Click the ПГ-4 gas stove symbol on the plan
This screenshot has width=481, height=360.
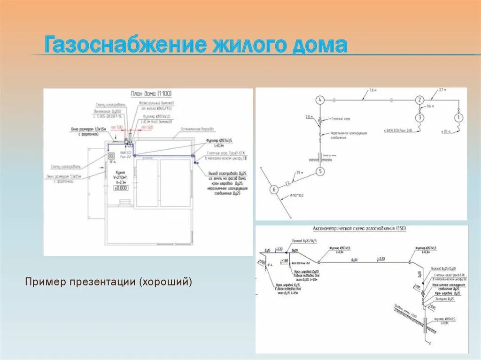(112, 157)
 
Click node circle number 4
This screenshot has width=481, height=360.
(320, 100)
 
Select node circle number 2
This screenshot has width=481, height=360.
(419, 100)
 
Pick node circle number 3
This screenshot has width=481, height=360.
(419, 117)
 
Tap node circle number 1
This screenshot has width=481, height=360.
(458, 117)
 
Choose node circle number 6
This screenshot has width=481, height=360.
(274, 190)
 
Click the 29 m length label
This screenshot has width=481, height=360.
(295, 174)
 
